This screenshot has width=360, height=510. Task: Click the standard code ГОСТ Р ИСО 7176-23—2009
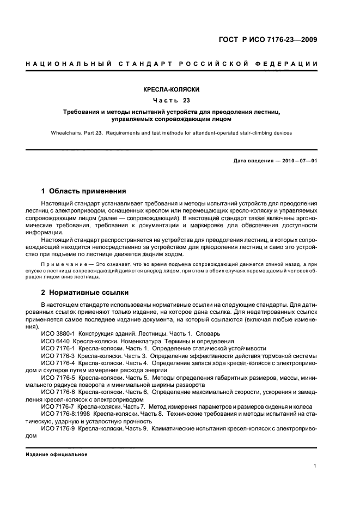[x=267, y=39]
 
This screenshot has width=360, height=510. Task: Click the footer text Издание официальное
[x=56, y=454]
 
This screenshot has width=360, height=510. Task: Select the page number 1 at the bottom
[x=315, y=466]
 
